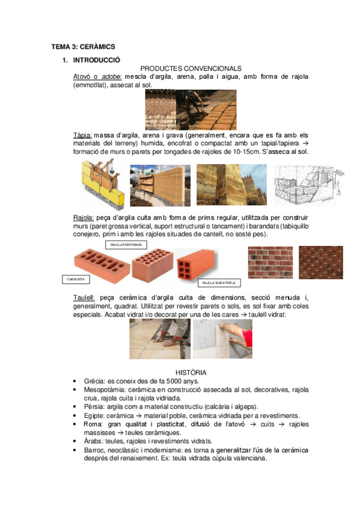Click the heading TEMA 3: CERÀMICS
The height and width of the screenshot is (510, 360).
[83, 46]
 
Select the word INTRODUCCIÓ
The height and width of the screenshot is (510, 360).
[96, 60]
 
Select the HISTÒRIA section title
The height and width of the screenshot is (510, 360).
[191, 373]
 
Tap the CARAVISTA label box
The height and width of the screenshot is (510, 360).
[76, 279]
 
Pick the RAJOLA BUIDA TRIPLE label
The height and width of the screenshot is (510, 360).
[219, 282]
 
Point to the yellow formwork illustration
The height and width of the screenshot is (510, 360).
[102, 185]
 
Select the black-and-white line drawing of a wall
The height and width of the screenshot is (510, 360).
[308, 185]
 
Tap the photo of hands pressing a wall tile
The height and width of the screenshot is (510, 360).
[222, 339]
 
